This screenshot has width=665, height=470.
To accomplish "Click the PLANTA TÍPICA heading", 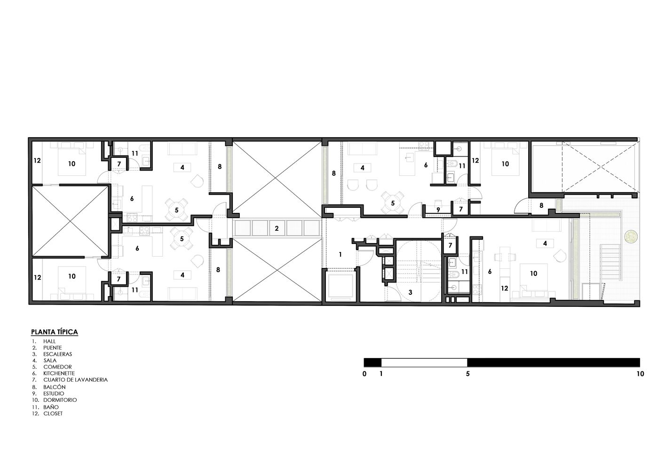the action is tap(55, 332).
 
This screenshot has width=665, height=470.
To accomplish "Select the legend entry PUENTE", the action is tap(53, 348).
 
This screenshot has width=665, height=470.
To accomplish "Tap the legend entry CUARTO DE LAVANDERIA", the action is tap(75, 380).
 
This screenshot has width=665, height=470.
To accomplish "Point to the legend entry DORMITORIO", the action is tap(60, 400).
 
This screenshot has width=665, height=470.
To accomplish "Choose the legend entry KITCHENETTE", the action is tap(59, 373).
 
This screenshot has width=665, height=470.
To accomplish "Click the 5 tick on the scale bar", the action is tap(468, 374).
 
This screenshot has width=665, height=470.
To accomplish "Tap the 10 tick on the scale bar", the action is tap(641, 374).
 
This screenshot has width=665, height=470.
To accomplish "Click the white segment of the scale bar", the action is tap(424, 362).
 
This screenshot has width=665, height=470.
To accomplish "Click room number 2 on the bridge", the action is tap(277, 228).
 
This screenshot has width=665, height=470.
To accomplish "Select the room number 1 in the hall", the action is tap(340, 254).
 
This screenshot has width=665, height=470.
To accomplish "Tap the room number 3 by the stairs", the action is tap(410, 292).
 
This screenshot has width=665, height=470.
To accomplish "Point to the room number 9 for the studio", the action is tap(438, 210).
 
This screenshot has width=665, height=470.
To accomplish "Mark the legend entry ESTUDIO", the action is tap(54, 393).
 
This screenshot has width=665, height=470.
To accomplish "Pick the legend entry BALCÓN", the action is tap(55, 387).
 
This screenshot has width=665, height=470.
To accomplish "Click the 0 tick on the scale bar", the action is tap(364, 374).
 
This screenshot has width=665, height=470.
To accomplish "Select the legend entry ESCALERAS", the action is tap(57, 354).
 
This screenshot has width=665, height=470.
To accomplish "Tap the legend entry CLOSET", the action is tap(53, 414).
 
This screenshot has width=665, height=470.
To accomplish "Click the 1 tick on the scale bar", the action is tap(381, 374).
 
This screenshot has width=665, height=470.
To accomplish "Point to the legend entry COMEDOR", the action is tap(57, 367).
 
